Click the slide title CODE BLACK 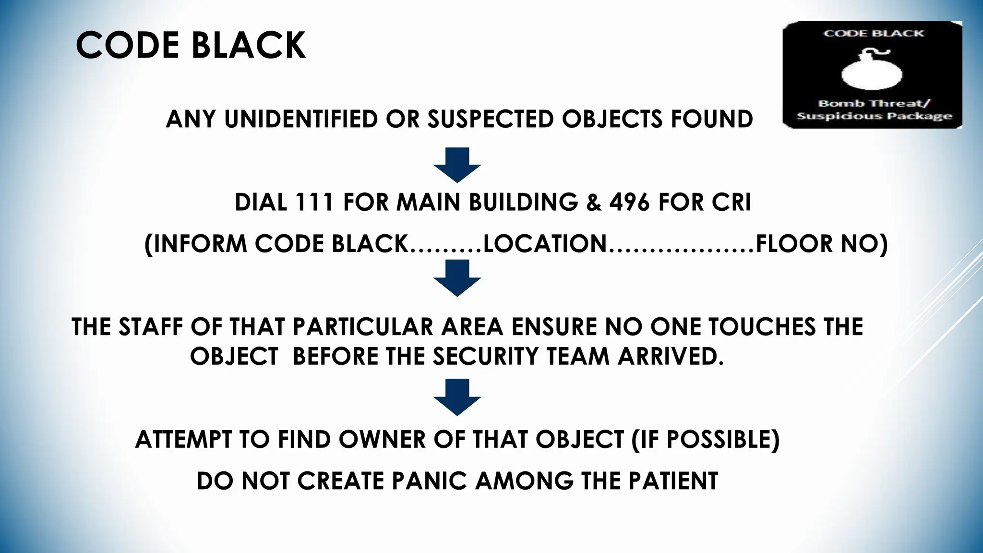point(191,46)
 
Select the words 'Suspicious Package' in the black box point(874,116)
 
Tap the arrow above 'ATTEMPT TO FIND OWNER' point(457,397)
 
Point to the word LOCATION point(545,244)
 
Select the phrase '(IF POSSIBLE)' point(706,439)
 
